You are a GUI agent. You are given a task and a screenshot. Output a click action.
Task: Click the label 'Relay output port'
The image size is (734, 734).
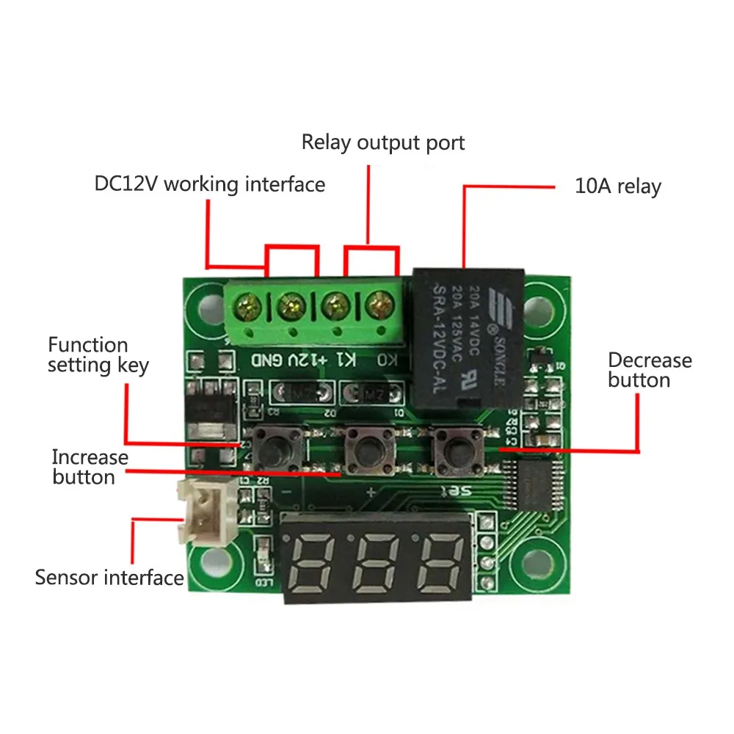(x=383, y=142)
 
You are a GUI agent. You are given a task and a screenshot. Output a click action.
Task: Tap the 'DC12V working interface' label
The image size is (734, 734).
(x=210, y=183)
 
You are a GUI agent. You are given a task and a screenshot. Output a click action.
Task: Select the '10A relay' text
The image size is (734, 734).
(x=617, y=186)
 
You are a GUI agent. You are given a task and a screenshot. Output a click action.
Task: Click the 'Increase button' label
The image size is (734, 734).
(x=90, y=467)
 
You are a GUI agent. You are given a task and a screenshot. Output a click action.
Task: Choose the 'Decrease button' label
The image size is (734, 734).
(x=650, y=370)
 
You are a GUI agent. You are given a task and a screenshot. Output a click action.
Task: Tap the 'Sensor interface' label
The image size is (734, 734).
(x=109, y=577)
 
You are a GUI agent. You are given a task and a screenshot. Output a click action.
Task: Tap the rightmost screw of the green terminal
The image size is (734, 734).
(x=379, y=302)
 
